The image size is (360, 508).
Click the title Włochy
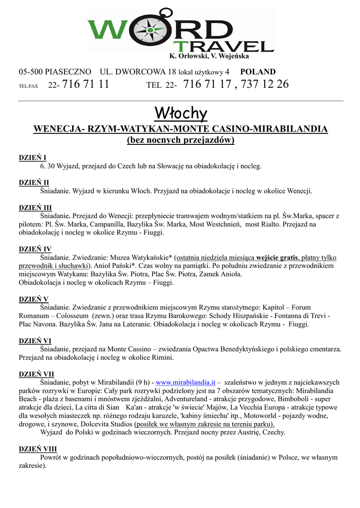pos(180,114)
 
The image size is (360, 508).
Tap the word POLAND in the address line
pos(258,72)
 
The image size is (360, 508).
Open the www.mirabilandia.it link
pos(185,382)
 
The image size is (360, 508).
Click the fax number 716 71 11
pos(86,84)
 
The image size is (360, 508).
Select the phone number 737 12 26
pos(265,84)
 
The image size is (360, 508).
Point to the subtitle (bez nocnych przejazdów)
pos(180,140)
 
